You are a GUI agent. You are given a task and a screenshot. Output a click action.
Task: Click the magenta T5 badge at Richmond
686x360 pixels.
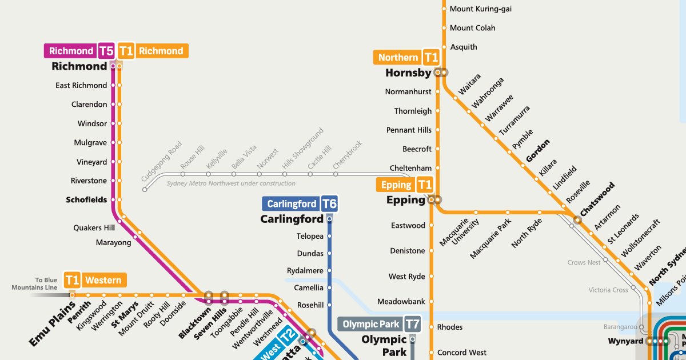coord(106,51)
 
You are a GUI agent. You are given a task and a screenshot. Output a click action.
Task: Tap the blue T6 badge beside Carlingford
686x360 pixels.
coord(329,204)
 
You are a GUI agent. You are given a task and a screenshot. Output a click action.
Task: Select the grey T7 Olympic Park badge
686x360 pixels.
coord(412,324)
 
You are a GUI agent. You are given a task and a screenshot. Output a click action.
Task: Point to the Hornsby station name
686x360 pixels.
coord(408,73)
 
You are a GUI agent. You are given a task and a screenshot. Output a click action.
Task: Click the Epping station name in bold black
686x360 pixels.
coord(406,200)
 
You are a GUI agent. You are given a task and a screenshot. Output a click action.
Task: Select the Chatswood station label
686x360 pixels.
coord(597,199)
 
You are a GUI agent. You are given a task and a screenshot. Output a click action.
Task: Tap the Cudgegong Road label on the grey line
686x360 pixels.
coord(161,162)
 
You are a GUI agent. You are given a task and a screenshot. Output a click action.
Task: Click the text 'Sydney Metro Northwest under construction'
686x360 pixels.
coord(231,183)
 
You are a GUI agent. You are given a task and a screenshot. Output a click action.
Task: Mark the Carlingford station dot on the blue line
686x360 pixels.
coord(329,219)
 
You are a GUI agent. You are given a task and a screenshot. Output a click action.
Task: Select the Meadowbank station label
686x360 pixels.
coord(401,301)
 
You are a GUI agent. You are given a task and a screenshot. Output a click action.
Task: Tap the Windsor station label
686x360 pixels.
coord(92,123)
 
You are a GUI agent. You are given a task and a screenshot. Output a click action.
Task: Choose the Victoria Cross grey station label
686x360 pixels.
coord(608,290)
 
